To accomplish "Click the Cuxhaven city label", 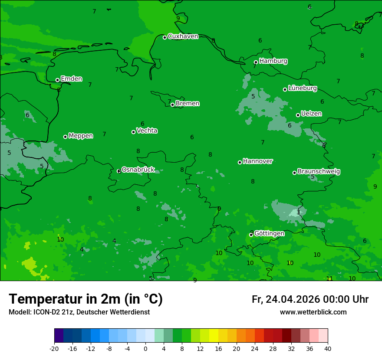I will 183,36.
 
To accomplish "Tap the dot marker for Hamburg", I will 256,62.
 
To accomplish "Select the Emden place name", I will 71,79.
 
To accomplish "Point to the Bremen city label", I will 188,104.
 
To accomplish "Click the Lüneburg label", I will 303,88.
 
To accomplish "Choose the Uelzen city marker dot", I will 298,115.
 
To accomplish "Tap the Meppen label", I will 81,136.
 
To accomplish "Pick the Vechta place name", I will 147,131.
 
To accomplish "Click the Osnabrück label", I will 138,170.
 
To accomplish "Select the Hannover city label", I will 258,161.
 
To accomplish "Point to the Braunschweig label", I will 319,172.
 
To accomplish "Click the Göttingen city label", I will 269,233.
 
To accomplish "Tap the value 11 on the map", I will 329,278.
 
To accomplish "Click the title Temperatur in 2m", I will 86,299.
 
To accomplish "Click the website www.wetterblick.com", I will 313,312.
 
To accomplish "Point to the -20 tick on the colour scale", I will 54,348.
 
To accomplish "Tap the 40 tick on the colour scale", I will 327,348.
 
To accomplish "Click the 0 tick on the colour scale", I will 145,348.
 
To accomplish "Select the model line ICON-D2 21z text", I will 79,312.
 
